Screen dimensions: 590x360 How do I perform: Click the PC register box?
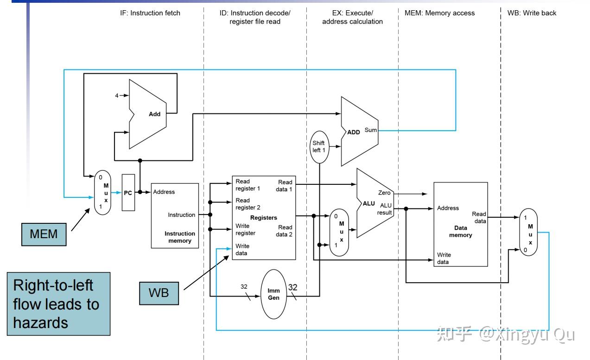point(128,192)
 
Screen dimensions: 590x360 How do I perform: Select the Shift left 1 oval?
point(319,147)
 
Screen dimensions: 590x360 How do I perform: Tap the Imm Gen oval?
point(273,294)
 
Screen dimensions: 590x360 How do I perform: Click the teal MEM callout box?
point(44,234)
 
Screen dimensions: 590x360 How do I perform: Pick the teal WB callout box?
point(159,293)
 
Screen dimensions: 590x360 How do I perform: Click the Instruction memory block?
point(175,216)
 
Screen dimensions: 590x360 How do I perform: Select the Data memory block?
point(461,224)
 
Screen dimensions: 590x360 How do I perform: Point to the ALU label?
point(369,203)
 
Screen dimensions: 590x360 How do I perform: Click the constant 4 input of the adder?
point(117,95)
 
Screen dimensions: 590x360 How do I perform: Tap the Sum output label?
point(371,130)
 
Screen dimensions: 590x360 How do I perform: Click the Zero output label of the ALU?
point(384,193)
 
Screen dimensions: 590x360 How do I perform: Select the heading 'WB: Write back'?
point(532,13)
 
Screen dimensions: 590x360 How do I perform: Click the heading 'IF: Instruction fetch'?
point(150,13)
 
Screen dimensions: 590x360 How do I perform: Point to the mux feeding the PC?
point(102,192)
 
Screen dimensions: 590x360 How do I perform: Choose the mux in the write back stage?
point(528,232)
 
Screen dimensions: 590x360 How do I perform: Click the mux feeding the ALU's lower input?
point(339,233)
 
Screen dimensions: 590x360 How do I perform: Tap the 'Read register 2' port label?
point(248,204)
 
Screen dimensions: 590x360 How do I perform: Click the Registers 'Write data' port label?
point(242,250)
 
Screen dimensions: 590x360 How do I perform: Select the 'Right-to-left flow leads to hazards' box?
point(59,304)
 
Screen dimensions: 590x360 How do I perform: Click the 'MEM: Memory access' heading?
point(439,13)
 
